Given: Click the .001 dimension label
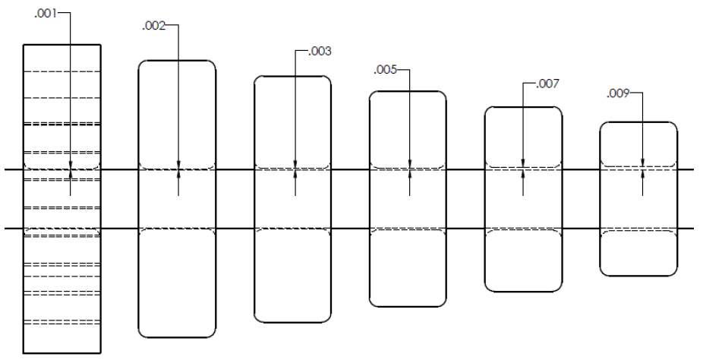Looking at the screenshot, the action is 46,14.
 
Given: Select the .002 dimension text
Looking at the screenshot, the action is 154,27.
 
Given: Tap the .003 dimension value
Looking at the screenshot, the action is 320,52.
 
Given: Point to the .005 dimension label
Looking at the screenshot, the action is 386,70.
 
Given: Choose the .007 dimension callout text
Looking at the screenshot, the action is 547,84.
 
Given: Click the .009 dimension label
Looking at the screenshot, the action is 618,93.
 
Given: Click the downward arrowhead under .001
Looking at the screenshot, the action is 71,165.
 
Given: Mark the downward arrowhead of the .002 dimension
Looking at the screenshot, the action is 178,165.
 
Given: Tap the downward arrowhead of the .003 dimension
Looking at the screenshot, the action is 295,164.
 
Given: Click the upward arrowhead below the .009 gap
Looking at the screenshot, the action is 642,175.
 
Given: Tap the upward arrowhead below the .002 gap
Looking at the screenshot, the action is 178,175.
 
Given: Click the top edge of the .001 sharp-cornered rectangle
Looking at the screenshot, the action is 61,45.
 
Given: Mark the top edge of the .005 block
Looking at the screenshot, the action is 408,91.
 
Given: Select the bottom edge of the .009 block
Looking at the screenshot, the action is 638,275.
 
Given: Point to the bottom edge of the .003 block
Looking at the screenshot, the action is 293,322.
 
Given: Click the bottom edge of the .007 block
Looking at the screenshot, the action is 523,292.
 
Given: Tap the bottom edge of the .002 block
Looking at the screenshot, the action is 177,337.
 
